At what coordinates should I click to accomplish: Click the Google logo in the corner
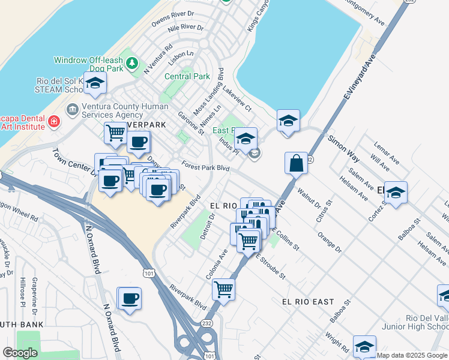click(20, 353)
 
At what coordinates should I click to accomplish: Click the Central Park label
click(187, 76)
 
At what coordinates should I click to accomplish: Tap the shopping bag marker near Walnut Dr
click(297, 163)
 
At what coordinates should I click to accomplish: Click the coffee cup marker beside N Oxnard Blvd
click(130, 298)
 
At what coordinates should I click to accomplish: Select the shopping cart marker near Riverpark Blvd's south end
click(223, 289)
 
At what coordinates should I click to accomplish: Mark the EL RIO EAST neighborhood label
click(307, 302)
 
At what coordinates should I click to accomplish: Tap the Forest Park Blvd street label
click(206, 168)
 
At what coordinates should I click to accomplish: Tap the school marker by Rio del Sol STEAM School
click(95, 84)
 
